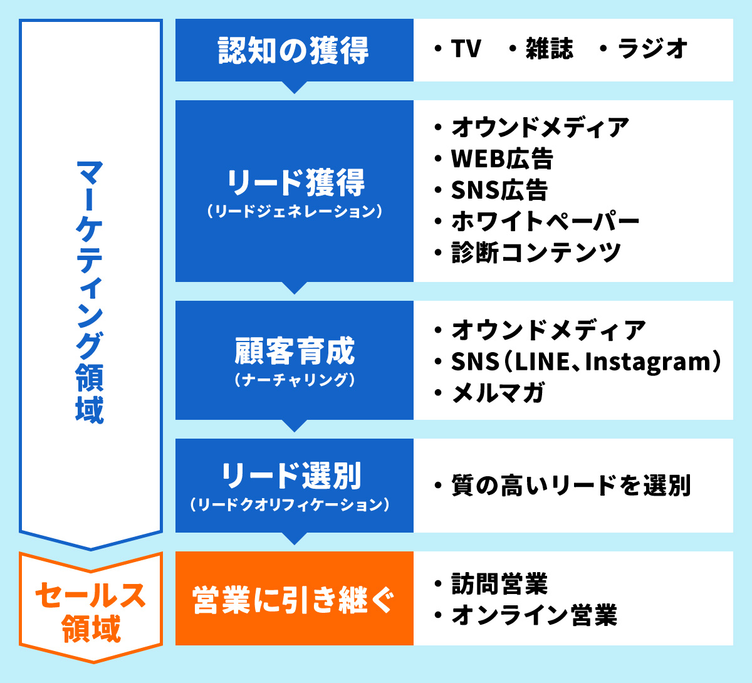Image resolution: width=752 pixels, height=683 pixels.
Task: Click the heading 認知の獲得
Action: click(x=293, y=50)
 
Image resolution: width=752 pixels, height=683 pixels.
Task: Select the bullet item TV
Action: click(x=466, y=48)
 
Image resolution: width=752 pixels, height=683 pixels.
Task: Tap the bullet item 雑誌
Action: click(x=550, y=48)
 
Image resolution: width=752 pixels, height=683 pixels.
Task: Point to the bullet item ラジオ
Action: click(x=652, y=48)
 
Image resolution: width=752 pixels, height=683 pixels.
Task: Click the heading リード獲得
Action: click(x=296, y=182)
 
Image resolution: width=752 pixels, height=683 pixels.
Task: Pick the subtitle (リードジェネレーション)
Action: click(x=295, y=211)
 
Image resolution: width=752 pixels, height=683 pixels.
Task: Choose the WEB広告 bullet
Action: click(x=502, y=159)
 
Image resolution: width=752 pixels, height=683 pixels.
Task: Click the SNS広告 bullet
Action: click(x=499, y=190)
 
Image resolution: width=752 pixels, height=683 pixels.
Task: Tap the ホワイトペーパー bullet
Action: click(x=545, y=221)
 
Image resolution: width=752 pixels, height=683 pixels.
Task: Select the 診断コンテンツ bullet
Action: click(x=536, y=253)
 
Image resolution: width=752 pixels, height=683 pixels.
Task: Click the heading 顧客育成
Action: click(x=295, y=351)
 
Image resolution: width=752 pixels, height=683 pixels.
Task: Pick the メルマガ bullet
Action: click(x=498, y=393)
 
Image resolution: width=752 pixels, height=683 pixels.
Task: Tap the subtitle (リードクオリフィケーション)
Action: click(x=290, y=504)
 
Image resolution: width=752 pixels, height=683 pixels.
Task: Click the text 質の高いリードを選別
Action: click(x=571, y=486)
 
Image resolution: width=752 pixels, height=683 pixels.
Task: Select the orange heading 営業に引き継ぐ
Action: click(x=293, y=600)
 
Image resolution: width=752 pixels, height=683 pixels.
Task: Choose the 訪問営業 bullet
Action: click(x=499, y=583)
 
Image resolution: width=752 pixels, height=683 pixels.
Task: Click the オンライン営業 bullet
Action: click(x=534, y=615)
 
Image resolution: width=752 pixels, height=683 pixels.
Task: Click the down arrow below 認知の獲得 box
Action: click(x=295, y=87)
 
